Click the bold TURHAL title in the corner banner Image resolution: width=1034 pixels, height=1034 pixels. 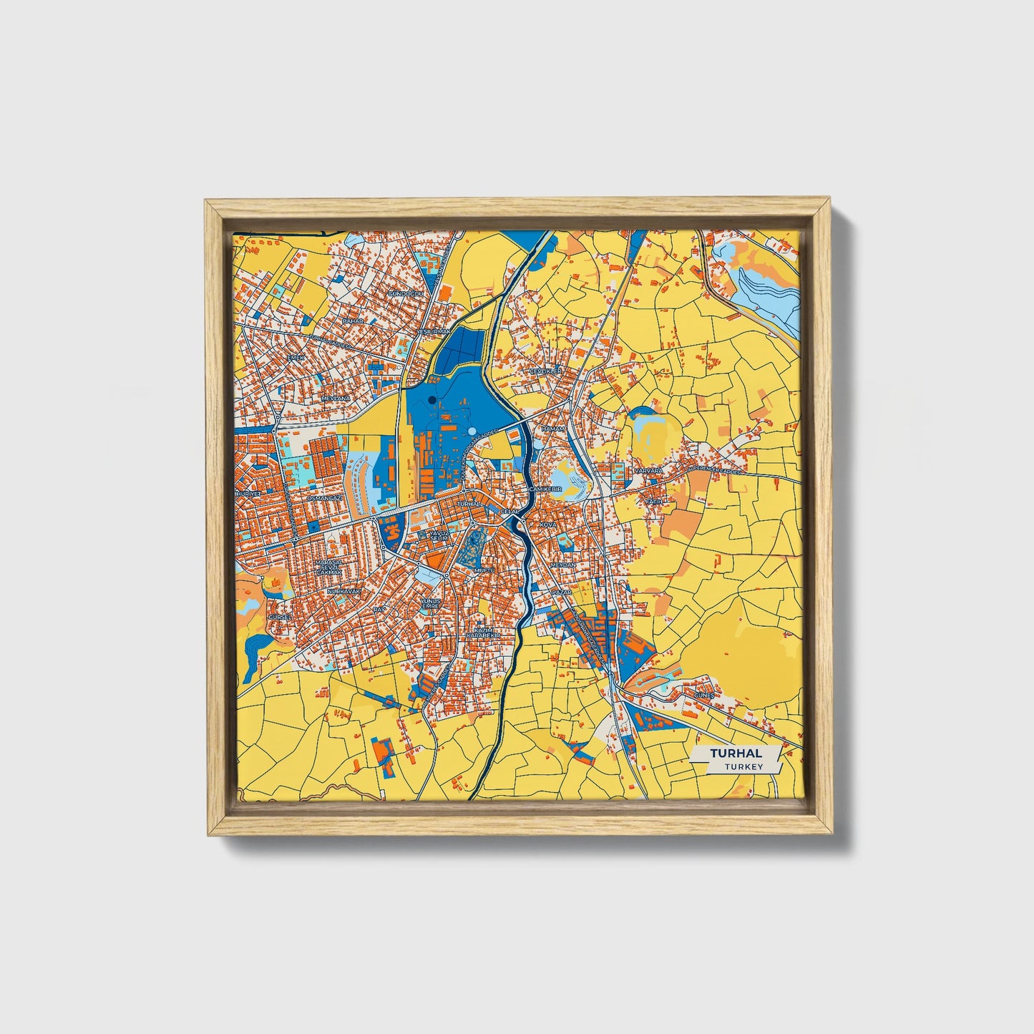[x=736, y=753]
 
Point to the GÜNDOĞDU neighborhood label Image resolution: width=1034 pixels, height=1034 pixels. [x=405, y=293]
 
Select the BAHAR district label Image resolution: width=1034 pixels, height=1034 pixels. [x=352, y=321]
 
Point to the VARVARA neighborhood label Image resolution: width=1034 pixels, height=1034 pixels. [x=648, y=472]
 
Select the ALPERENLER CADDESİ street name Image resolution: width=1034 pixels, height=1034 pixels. [x=716, y=470]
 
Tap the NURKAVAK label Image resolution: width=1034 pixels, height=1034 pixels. [x=343, y=592]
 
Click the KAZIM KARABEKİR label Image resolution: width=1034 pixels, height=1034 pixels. [x=481, y=632]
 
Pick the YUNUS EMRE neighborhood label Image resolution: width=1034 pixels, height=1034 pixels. [x=429, y=603]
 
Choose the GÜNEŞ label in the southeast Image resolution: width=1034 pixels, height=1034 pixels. [x=703, y=695]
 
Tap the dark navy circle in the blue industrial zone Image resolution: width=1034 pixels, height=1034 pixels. [x=431, y=399]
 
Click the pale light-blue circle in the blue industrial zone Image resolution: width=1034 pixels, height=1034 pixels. [x=472, y=431]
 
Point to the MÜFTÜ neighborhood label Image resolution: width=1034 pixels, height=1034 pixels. [x=484, y=570]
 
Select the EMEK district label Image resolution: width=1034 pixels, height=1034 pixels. [x=295, y=356]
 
